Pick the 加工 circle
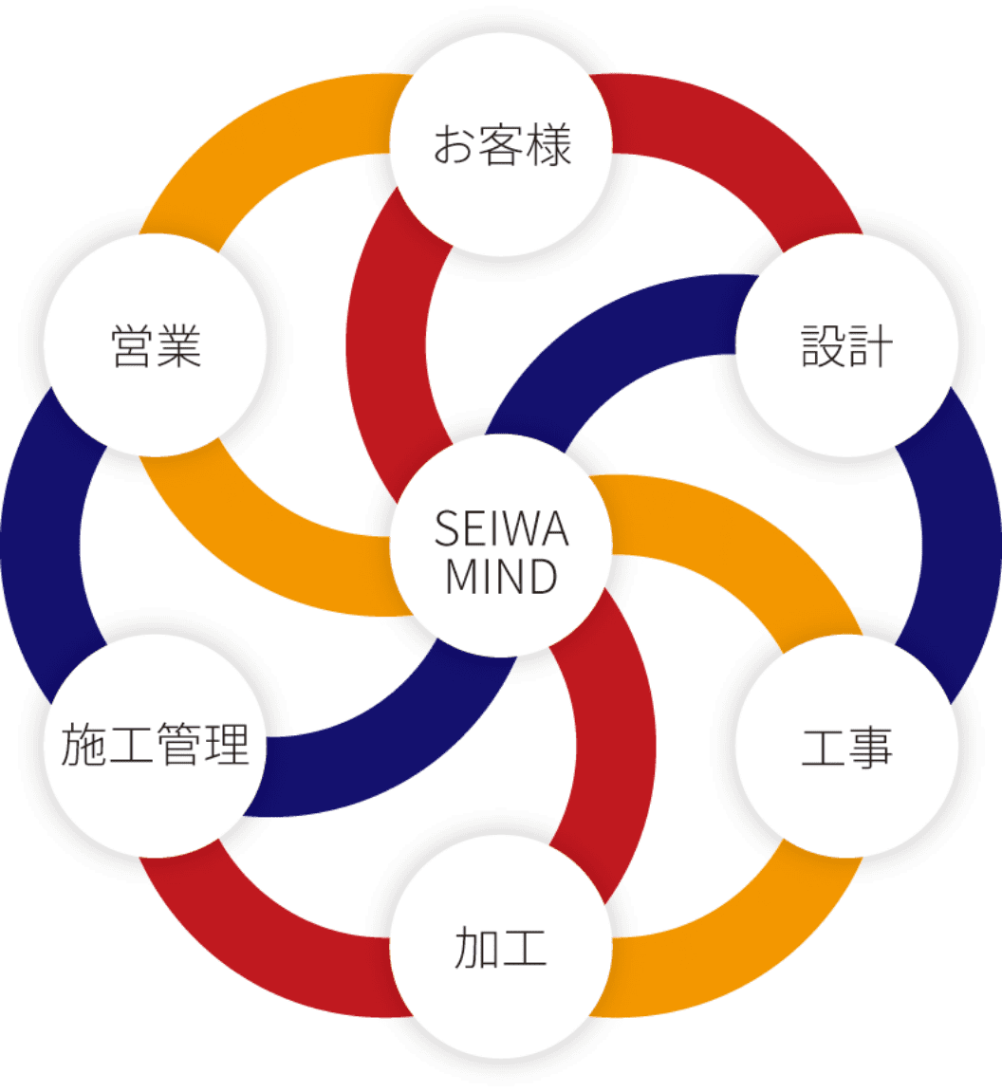point(501,948)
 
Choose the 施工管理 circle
point(155,745)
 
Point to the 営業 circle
point(155,345)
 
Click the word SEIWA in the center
point(501,529)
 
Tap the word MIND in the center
point(501,577)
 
